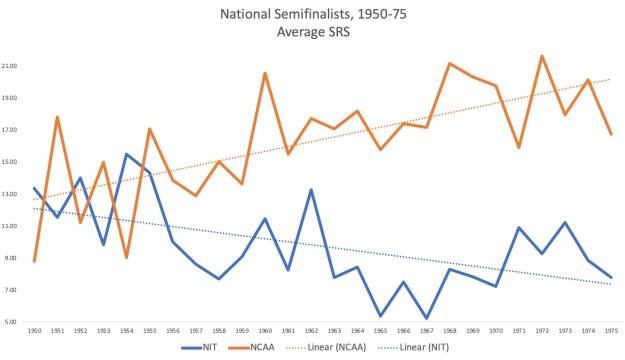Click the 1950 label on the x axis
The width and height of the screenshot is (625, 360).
tap(34, 329)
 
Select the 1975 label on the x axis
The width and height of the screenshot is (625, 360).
tap(610, 329)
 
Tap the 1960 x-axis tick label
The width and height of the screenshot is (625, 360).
tap(264, 329)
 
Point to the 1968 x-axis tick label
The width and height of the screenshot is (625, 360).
tap(449, 329)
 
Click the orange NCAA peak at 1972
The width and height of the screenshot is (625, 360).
tap(541, 56)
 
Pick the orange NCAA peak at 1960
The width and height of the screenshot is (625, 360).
tap(264, 73)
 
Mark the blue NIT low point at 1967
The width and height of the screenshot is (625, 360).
tap(426, 318)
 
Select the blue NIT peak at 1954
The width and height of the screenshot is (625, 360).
tap(126, 154)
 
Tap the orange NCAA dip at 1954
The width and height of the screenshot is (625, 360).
tap(126, 257)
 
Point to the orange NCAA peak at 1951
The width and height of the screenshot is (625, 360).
tap(57, 117)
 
